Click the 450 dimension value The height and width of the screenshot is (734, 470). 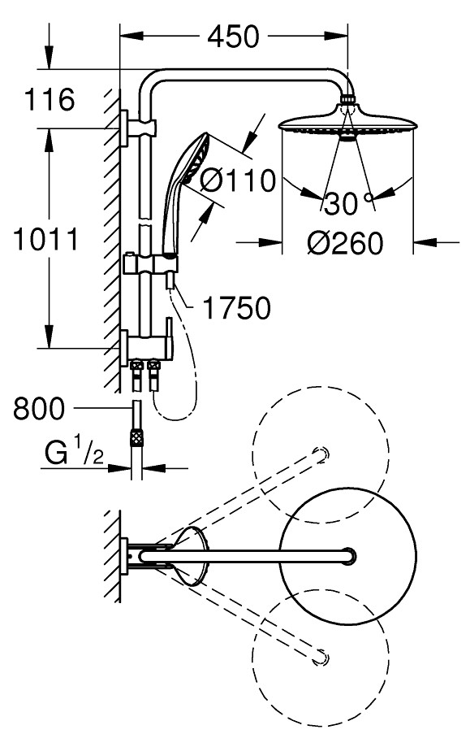click(x=233, y=37)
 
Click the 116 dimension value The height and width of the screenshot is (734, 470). click(x=50, y=99)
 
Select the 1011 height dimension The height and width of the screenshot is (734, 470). click(x=45, y=239)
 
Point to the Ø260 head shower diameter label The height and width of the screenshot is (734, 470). click(x=345, y=243)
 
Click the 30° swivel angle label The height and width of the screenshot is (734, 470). click(x=349, y=204)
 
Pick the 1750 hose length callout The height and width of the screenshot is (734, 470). click(x=237, y=308)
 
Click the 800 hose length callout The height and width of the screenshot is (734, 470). click(x=39, y=408)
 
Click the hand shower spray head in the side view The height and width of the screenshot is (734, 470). click(x=196, y=158)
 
